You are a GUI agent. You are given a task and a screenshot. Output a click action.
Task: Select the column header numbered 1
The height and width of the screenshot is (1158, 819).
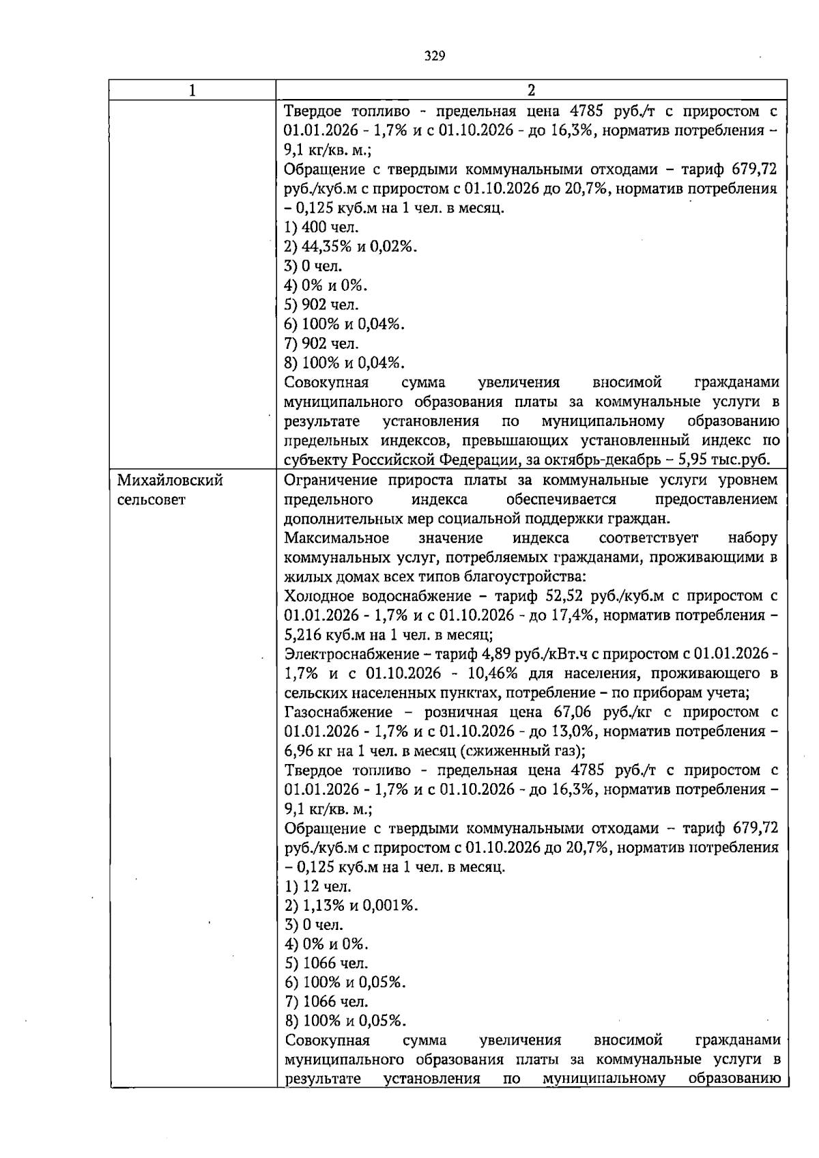(x=193, y=90)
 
